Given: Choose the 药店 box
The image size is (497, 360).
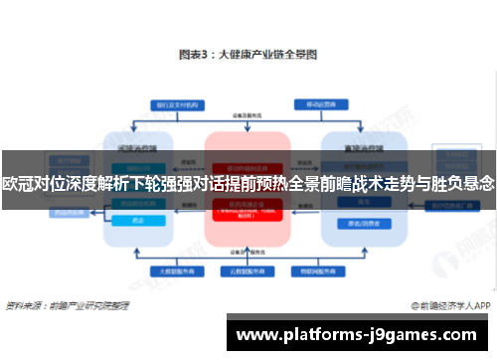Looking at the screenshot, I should pyautogui.click(x=138, y=221).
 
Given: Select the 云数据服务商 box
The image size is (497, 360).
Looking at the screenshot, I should pyautogui.click(x=248, y=270).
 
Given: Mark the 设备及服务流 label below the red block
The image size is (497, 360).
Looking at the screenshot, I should pyautogui.click(x=248, y=252).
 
